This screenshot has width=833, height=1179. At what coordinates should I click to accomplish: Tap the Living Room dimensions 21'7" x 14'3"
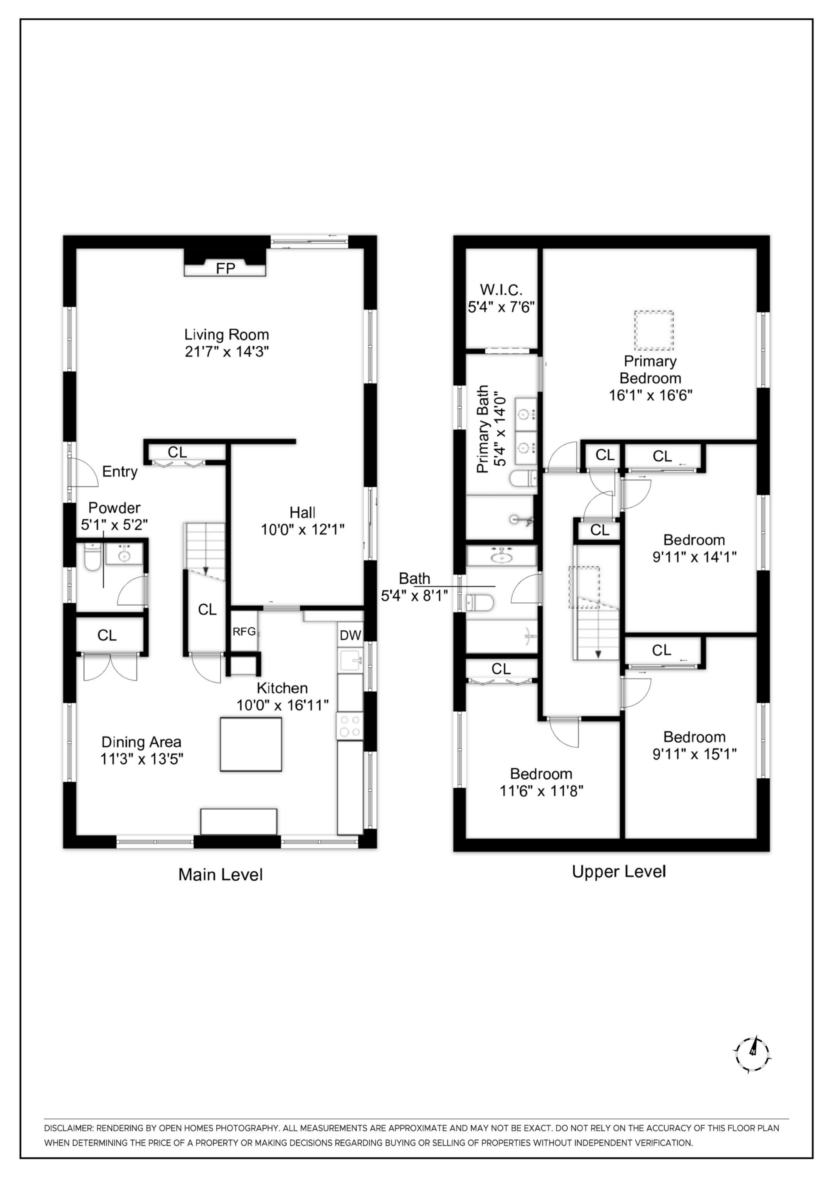coord(227,352)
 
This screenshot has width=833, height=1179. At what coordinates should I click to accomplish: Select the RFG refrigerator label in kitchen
coord(244,632)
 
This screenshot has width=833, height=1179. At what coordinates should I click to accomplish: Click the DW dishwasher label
coord(351,635)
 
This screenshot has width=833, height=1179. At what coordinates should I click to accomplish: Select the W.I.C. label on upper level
coord(501,290)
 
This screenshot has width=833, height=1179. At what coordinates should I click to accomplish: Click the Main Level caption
coord(220,874)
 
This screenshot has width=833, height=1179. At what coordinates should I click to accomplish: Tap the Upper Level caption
coord(619,871)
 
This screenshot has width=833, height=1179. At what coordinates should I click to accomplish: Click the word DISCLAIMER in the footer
coord(68,1128)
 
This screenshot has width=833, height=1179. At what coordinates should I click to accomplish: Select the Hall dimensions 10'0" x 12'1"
coord(302,529)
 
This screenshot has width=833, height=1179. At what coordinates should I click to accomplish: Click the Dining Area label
coord(141,742)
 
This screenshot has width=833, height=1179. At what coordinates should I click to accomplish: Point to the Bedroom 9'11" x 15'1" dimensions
coord(694,754)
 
